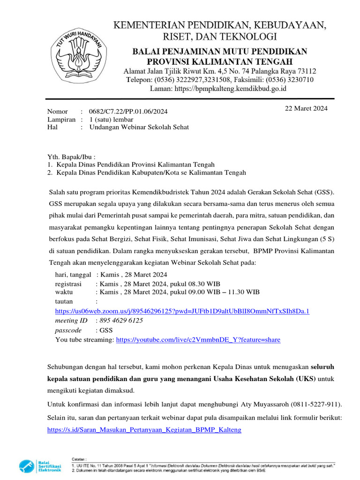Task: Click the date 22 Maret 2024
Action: tap(307, 109)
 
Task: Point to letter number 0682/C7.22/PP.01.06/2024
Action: tap(128, 112)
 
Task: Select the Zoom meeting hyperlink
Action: tap(182, 311)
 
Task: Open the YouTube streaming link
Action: tap(198, 339)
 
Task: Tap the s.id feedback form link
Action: tap(145, 429)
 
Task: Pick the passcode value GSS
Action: tap(106, 330)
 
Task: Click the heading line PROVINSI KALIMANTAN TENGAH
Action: tap(219, 62)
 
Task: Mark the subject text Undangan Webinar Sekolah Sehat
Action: tap(139, 127)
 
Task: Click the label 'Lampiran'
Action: tap(61, 120)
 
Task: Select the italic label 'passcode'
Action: tap(68, 330)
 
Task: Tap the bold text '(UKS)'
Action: tap(305, 378)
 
